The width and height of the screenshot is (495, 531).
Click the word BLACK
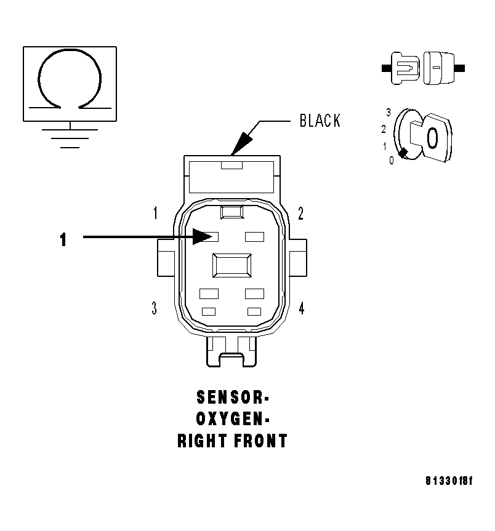[320, 121]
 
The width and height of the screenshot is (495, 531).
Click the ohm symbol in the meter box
[70, 80]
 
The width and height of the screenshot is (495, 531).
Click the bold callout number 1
[63, 239]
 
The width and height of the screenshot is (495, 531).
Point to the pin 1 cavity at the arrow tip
[211, 237]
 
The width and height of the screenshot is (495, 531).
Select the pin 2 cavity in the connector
[254, 237]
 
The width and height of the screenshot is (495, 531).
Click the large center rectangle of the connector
[231, 266]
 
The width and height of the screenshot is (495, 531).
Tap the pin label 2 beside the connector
[300, 214]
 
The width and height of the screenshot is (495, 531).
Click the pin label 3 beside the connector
[154, 308]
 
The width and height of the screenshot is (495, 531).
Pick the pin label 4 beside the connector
[301, 308]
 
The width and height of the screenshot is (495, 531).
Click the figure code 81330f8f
[449, 481]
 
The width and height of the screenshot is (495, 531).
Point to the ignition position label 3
[388, 112]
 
